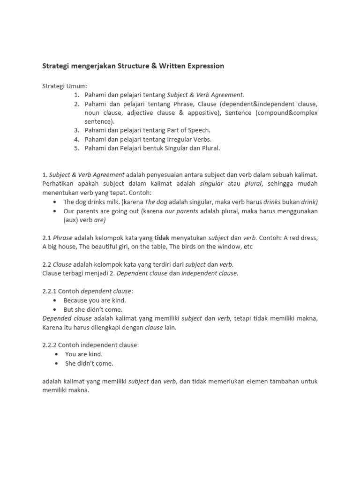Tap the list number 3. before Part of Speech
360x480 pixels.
(x=76, y=130)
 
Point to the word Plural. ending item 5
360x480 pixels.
(x=210, y=148)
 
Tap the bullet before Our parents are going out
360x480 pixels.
(x=55, y=211)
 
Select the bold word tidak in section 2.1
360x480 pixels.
(x=162, y=238)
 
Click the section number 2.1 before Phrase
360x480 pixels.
(x=47, y=238)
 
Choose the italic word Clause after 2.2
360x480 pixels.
(x=62, y=264)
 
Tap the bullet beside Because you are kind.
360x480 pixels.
(x=55, y=300)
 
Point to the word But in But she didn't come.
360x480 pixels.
(x=69, y=309)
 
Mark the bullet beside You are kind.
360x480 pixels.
(x=57, y=354)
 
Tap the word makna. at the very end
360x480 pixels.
(x=79, y=390)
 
